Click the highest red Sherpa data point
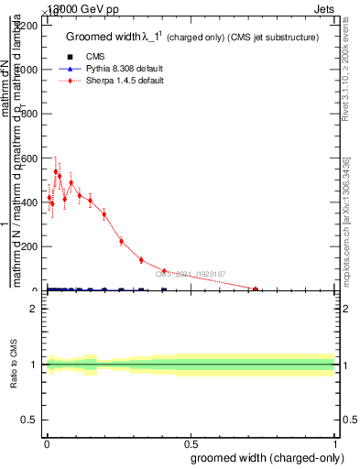tap(56, 171)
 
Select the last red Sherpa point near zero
tap(256, 289)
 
